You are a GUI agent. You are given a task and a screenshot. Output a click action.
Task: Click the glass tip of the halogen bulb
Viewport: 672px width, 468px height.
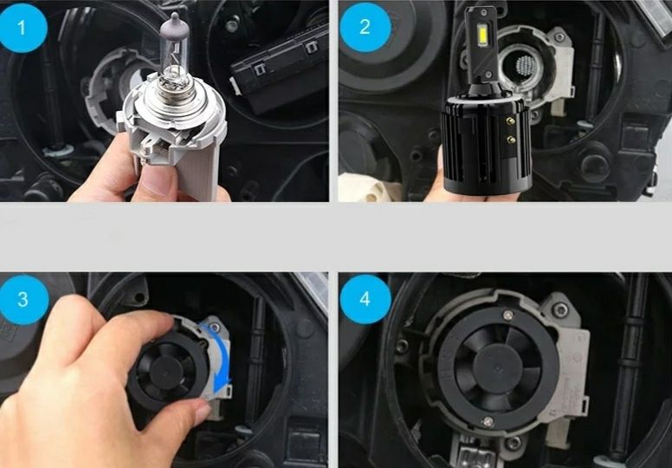(x=174, y=22)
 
